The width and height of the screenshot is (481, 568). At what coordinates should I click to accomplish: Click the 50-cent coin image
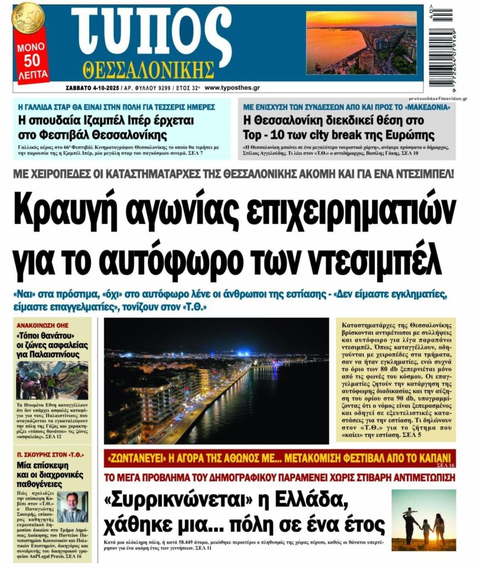click(27, 17)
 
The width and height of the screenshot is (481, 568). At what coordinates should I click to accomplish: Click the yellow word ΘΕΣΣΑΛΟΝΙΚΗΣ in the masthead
click(148, 70)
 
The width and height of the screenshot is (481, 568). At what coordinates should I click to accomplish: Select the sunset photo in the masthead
click(361, 42)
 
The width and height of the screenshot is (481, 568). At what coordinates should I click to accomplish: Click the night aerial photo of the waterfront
click(216, 380)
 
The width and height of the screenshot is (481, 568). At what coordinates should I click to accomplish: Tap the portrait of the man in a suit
click(72, 506)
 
